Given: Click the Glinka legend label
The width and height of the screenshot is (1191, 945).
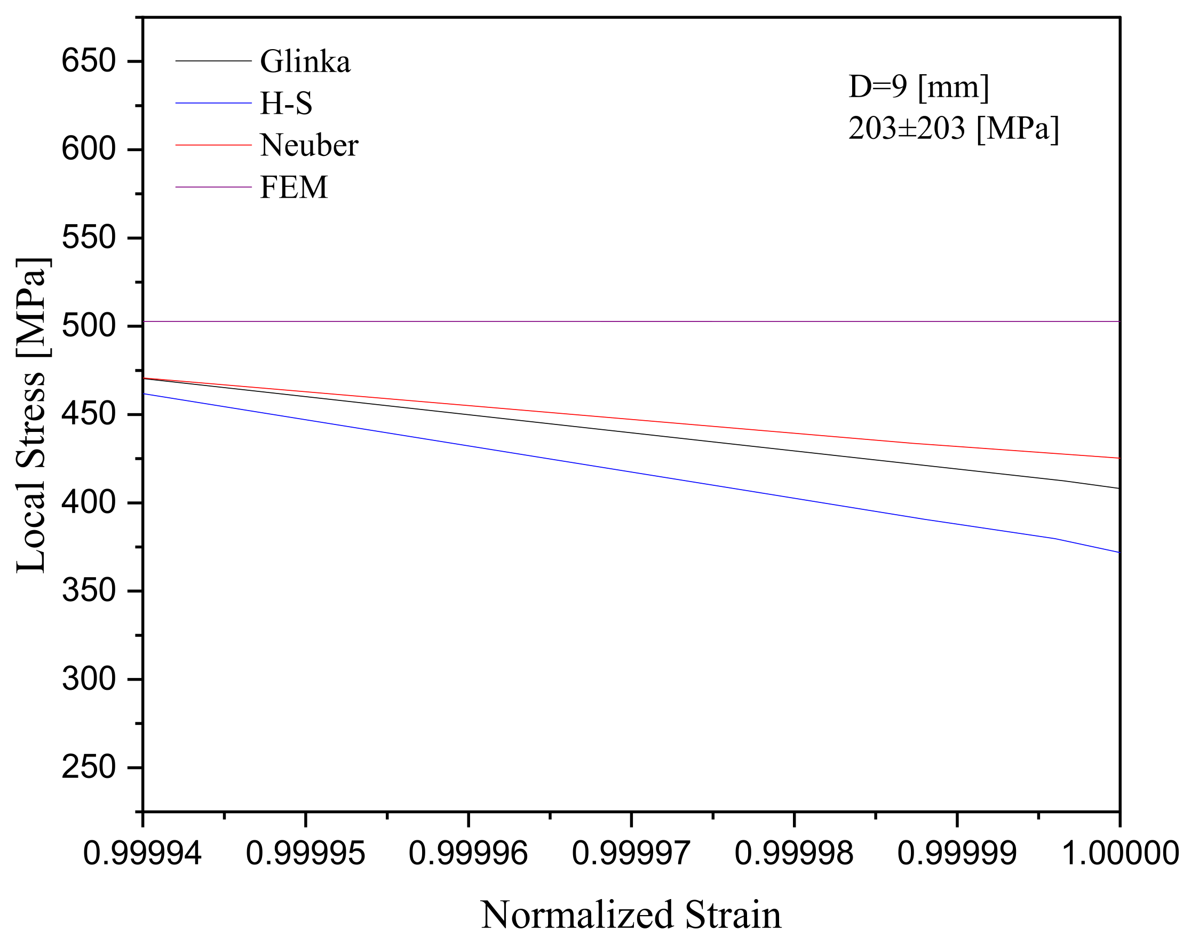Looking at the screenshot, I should coord(305,61).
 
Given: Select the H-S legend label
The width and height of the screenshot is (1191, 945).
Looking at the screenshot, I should coord(286,104).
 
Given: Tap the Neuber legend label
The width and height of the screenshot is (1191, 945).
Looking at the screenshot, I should coord(309,145).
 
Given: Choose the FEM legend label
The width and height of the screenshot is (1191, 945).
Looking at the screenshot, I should coord(294,187).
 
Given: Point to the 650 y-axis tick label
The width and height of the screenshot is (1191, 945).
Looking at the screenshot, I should coord(89,61).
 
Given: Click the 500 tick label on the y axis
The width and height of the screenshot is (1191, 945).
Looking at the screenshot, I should coord(89,326).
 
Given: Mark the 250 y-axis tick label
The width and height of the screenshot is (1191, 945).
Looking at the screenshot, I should coord(89,768).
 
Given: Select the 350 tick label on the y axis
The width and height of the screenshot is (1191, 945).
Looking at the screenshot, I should coord(89,591).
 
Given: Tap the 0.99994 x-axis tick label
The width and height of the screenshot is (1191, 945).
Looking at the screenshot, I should coord(142,853).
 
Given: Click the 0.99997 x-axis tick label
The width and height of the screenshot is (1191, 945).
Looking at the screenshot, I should coord(631,853).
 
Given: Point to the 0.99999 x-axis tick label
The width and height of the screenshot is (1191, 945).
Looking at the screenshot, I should coord(957,853).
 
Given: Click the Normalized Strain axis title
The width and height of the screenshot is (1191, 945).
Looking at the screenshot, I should coord(631,915).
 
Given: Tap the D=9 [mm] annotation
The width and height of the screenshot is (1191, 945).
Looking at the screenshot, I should coord(919,88).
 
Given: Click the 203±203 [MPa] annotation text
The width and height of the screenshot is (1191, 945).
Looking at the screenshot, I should coord(954,129).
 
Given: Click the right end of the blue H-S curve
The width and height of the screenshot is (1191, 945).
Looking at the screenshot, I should coord(1118,552).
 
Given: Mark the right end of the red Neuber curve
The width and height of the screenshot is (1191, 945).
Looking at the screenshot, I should coord(1118,458).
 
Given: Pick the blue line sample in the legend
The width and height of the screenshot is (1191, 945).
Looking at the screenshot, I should coord(213,104).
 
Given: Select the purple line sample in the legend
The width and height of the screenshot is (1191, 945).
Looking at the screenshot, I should coord(213,187).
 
